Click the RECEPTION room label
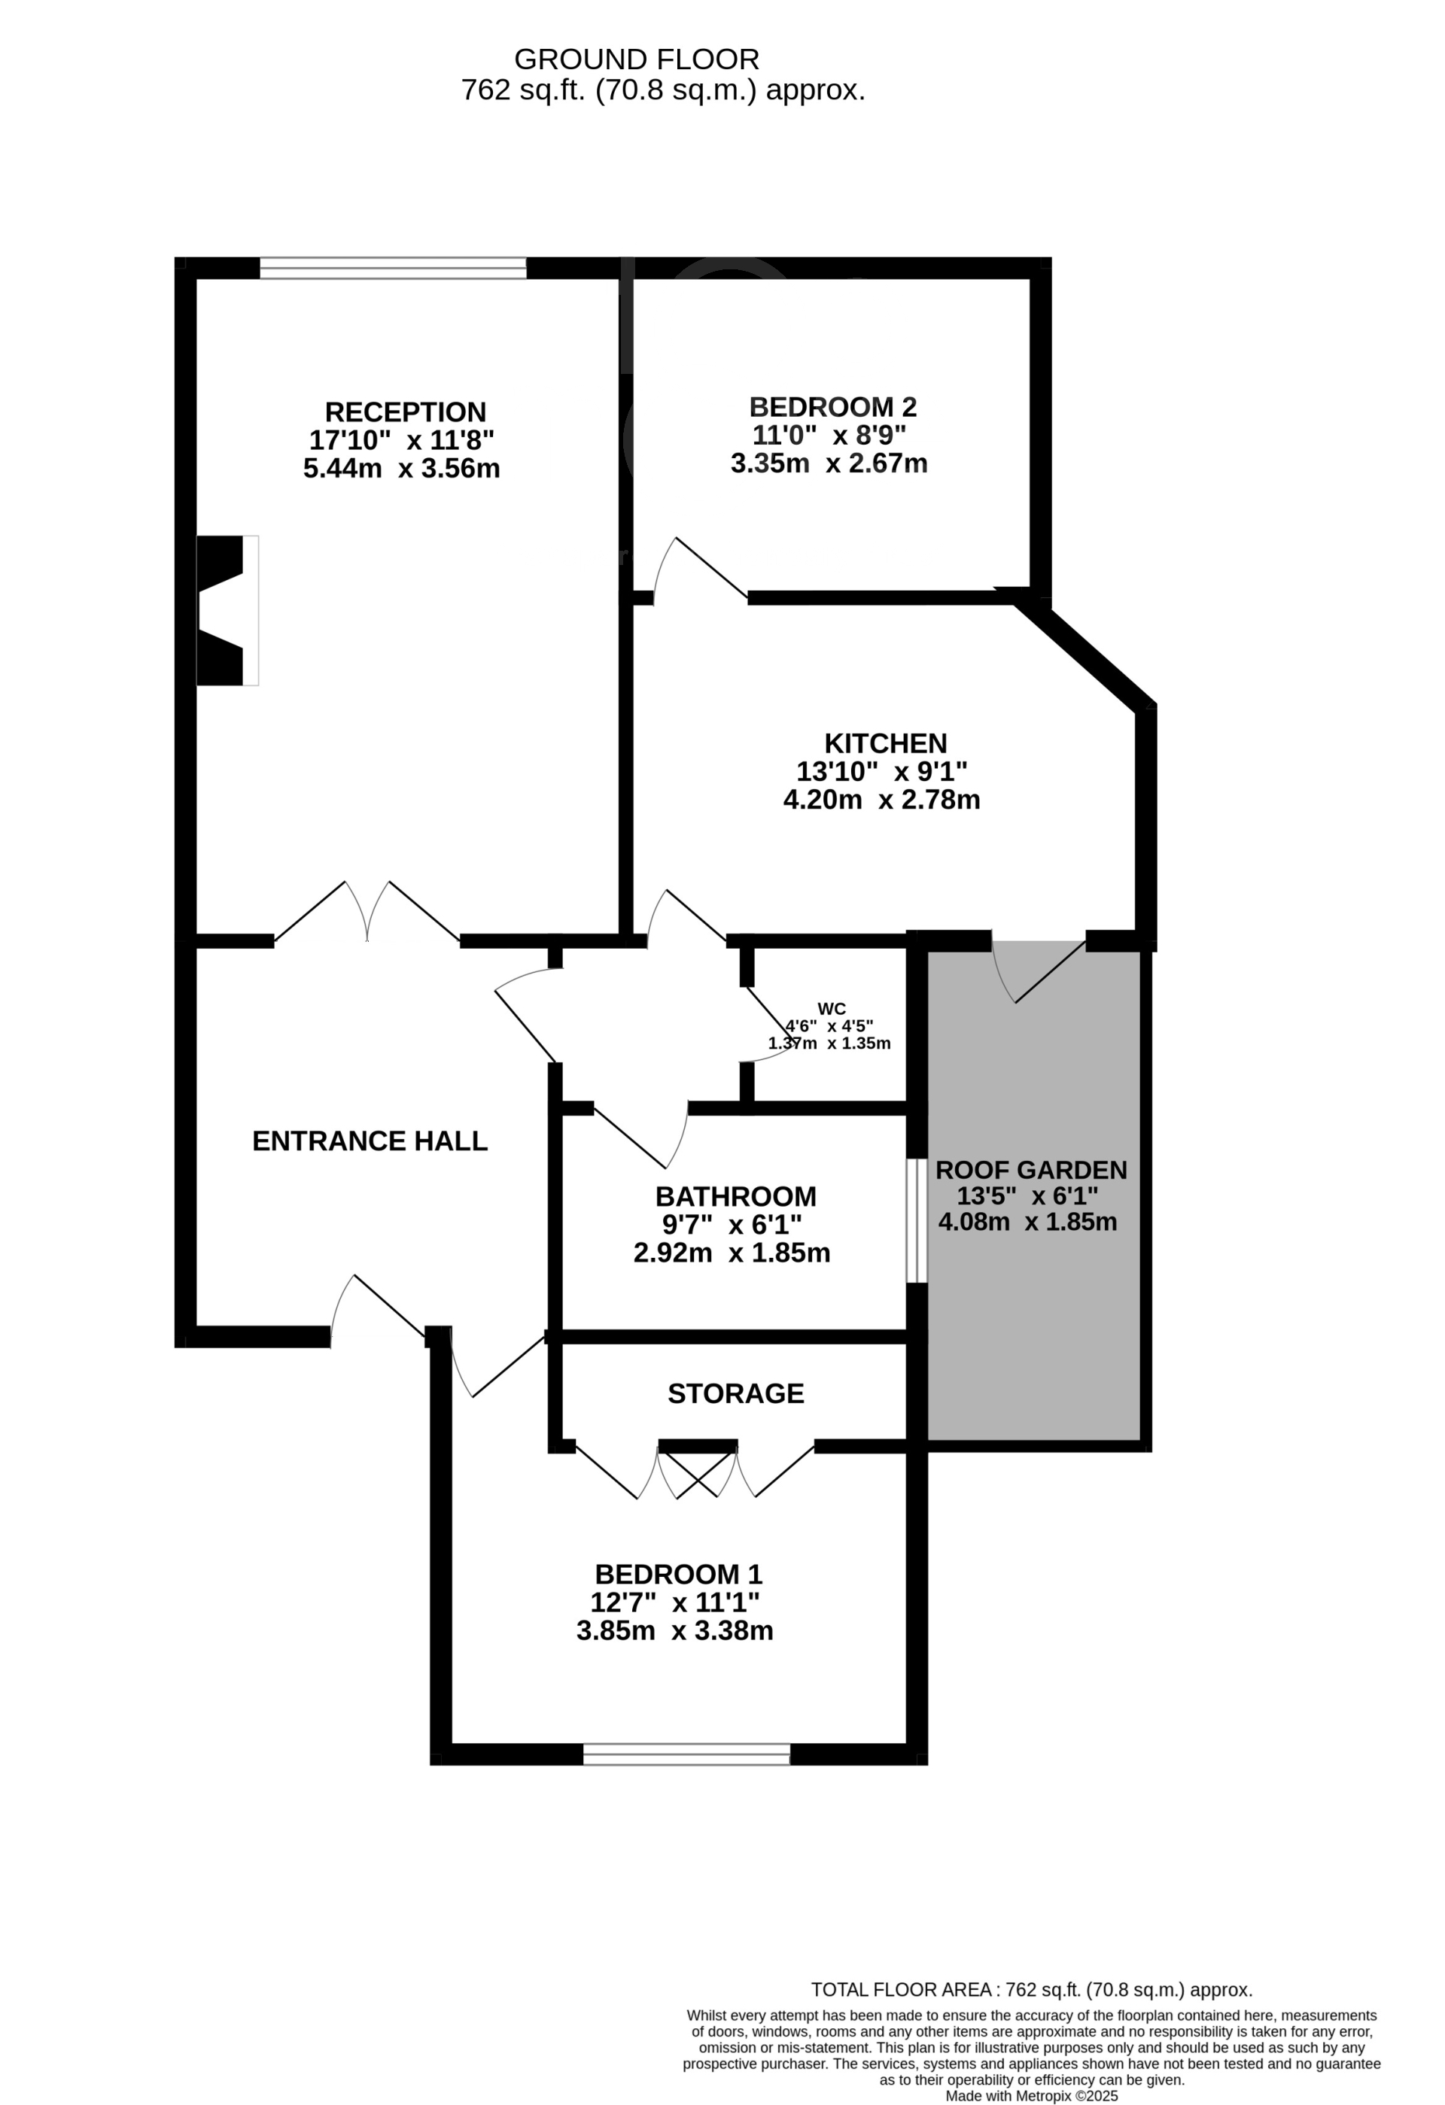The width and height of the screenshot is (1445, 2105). coord(405,412)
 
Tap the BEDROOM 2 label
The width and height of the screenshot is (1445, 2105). coord(832,407)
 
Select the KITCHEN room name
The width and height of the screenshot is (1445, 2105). coord(885,743)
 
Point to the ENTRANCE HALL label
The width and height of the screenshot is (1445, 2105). coord(370,1141)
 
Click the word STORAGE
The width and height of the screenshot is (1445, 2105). coord(735,1393)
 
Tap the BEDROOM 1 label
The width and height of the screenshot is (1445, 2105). coord(679,1574)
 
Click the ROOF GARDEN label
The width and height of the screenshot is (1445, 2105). coord(1031,1171)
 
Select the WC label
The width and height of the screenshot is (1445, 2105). coord(832,1009)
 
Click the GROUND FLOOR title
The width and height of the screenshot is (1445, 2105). coord(637,59)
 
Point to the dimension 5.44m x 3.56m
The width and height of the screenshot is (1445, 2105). coord(401,468)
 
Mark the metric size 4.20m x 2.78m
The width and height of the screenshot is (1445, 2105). coord(881,800)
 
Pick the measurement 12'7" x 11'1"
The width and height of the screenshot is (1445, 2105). coord(675,1602)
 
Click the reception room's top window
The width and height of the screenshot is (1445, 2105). coord(393,267)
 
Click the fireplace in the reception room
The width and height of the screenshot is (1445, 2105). coord(227,609)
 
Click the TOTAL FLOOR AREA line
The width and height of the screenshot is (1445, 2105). coord(1031,1990)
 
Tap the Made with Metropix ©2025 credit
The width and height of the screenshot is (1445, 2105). coord(1031,2096)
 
